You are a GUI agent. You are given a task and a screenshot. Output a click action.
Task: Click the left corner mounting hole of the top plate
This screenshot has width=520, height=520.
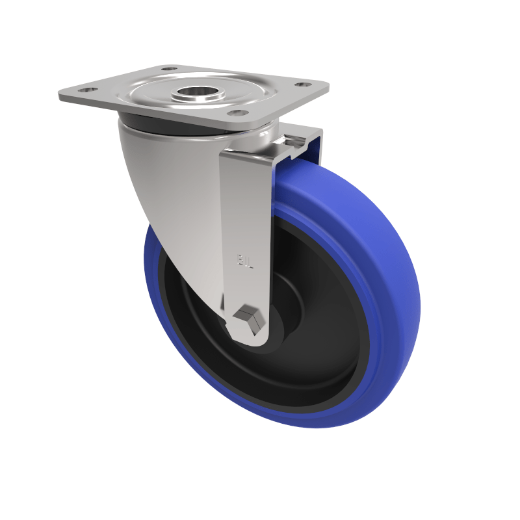[87, 90]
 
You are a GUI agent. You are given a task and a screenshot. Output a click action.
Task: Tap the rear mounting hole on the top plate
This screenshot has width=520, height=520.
[169, 68]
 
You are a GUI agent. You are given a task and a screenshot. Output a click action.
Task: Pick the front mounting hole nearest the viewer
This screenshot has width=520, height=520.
[240, 112]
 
